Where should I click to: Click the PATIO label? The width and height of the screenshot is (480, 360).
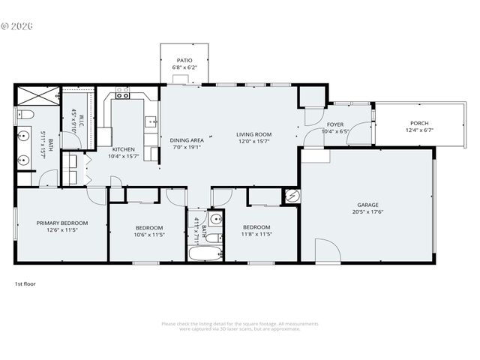click(x=184, y=60)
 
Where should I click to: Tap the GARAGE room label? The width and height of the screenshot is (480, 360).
click(x=367, y=205)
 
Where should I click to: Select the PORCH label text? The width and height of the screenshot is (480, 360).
click(x=419, y=123)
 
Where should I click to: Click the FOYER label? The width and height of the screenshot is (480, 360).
click(x=335, y=124)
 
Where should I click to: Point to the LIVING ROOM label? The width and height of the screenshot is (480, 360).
click(x=253, y=134)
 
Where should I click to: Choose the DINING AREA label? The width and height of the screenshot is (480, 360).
click(x=187, y=140)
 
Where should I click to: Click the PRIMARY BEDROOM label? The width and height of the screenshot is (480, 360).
click(x=62, y=223)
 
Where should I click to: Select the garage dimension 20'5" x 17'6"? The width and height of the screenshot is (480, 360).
click(x=367, y=211)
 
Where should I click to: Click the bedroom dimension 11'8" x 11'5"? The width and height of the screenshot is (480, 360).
click(x=256, y=234)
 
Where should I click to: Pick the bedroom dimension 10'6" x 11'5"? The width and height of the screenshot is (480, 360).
click(x=149, y=234)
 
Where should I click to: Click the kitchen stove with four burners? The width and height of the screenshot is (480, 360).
click(x=122, y=94)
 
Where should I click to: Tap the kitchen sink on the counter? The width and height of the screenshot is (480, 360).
click(x=151, y=121)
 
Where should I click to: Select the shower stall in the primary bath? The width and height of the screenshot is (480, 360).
click(x=36, y=96)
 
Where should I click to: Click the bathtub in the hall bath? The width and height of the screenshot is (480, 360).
click(x=203, y=253)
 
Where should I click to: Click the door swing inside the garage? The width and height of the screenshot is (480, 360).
click(x=327, y=250)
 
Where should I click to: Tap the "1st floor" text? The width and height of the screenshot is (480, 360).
click(x=25, y=284)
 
